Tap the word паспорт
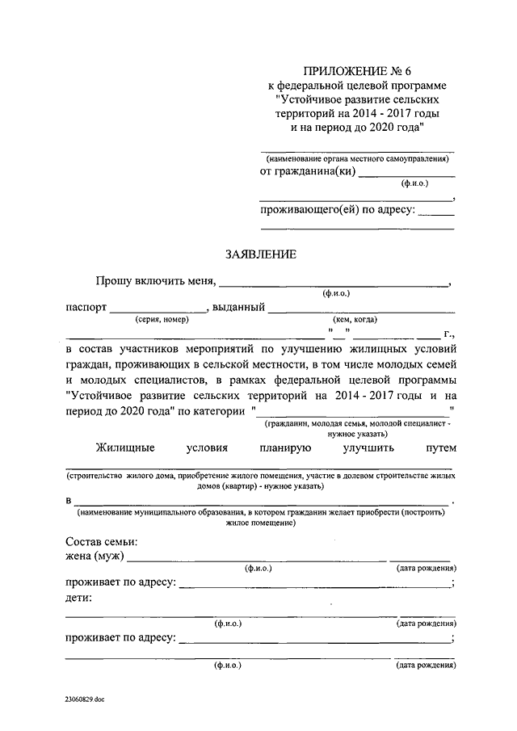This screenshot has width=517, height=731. [x=84, y=308]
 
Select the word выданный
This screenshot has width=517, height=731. [x=238, y=308]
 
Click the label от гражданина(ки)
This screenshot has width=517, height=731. [x=307, y=171]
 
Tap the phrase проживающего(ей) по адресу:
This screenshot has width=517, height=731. [x=338, y=211]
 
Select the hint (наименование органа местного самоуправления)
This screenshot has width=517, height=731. [x=356, y=159]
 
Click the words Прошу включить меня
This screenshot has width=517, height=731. [x=154, y=281]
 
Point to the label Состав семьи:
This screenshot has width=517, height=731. [x=101, y=541]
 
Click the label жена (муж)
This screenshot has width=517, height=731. [x=95, y=557]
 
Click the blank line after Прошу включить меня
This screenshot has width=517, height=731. [x=334, y=284]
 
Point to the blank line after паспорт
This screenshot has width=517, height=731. [x=158, y=311]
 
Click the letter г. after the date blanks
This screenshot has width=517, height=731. [x=449, y=333]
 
